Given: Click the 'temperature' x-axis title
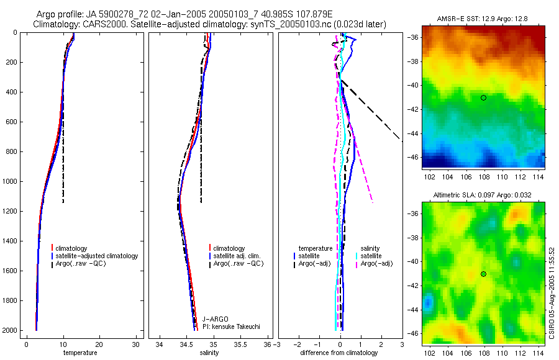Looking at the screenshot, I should tap(80, 353).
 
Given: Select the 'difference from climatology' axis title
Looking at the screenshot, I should tap(339, 353).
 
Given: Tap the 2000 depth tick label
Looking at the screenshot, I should tap(9, 330).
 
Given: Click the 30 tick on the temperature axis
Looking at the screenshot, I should tap(136, 344).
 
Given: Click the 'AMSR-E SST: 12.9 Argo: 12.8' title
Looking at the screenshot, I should tap(483, 20).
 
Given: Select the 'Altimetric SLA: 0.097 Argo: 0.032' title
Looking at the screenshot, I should tap(483, 196).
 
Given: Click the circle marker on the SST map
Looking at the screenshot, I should tap(483, 97).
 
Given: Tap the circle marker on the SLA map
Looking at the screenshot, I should tap(483, 274).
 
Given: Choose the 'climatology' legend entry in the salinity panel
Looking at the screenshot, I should tap(229, 248).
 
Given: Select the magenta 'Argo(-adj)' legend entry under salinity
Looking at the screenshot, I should tap(376, 264).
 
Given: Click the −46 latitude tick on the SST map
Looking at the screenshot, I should tap(414, 158).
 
